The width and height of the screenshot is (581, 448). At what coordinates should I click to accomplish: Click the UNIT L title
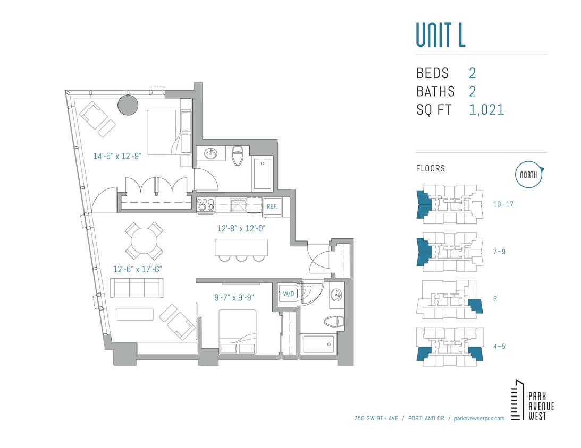pos(440,35)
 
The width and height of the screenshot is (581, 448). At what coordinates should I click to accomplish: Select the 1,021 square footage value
pos(486,110)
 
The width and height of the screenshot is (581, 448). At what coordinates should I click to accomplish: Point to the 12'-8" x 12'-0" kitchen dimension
pos(241,229)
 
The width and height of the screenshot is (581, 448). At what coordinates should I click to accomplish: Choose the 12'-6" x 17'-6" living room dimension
pos(137,269)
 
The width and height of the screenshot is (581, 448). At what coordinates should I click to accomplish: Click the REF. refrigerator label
pos(272,206)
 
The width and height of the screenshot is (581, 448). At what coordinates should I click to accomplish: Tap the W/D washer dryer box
pos(288,294)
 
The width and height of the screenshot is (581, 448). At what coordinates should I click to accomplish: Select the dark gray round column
pos(128,105)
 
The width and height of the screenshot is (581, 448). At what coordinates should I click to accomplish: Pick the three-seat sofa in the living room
pos(137,288)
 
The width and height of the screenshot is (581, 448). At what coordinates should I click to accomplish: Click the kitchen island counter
pos(241,247)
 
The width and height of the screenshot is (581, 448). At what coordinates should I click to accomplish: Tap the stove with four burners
pos(205,205)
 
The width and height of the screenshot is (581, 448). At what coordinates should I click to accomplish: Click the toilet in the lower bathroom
pos(334,321)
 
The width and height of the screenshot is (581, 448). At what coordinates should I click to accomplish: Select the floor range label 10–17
pos(503,204)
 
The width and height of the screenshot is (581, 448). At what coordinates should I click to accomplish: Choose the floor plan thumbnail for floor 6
pos(451,299)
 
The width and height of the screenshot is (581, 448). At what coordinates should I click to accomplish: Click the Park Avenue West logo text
pos(541,406)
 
